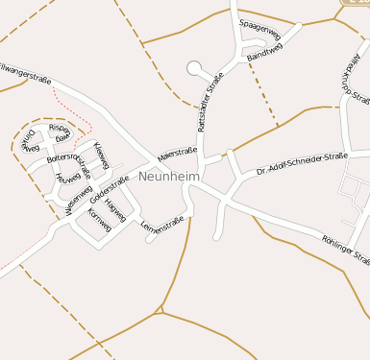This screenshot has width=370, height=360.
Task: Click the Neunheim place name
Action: pos(168,177)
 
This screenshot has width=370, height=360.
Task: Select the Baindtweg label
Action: pos(263,55)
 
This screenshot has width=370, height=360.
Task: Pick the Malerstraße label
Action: pos(176,152)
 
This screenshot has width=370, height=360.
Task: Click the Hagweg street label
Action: pos(115,206)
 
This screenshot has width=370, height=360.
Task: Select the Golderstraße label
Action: pos(110,189)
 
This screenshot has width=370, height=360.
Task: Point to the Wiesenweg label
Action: pos(79,199)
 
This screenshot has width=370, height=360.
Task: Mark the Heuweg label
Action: pos(69,178)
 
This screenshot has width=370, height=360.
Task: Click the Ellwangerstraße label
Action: pos(25,72)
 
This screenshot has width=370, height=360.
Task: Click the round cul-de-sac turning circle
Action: pos(195,68)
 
